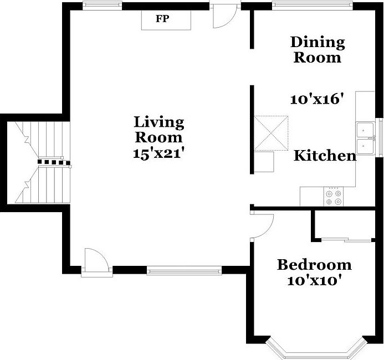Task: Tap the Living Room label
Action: coord(158,129)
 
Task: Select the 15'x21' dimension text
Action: coord(158,153)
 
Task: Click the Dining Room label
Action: coord(318,49)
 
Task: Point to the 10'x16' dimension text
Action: coord(318,100)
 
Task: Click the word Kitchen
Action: coord(325,156)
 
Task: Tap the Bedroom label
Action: coord(314,265)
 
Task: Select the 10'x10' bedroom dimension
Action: coord(314,280)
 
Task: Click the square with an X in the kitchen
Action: coord(271,133)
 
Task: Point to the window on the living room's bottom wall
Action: coord(184,271)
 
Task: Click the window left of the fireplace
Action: coord(103,7)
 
